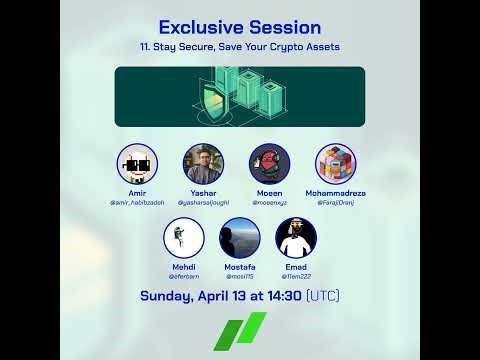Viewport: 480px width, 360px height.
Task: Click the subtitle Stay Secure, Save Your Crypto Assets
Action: [239, 47]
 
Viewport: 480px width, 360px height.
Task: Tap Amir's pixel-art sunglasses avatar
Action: [137, 164]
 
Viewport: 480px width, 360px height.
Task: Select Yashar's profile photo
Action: [203, 164]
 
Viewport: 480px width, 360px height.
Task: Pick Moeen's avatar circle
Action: [269, 164]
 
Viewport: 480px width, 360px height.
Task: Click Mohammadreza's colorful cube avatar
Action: [336, 164]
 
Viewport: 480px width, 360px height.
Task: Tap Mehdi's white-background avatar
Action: [183, 238]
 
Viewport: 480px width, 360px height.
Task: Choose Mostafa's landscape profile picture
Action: [240, 238]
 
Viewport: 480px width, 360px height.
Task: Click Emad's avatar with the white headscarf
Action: [296, 238]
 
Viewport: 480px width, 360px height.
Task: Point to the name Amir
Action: [137, 193]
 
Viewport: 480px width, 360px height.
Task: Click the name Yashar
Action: [203, 193]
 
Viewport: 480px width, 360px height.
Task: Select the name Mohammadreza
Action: [336, 193]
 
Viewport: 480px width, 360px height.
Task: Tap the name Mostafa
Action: [240, 267]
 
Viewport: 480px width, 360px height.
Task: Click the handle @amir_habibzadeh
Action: [137, 202]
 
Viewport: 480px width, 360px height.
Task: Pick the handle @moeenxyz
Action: [269, 202]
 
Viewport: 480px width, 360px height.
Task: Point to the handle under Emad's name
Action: [296, 276]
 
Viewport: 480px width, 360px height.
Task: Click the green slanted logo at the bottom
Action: [240, 332]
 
